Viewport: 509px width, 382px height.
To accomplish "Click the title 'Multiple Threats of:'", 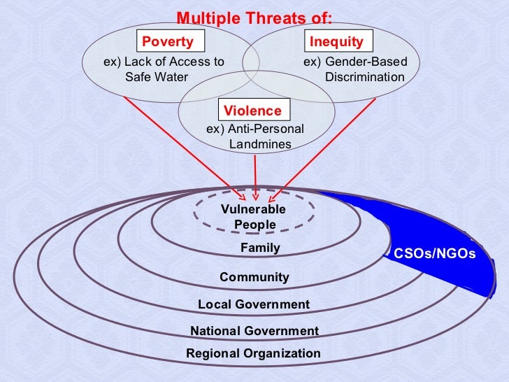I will [x=254, y=17].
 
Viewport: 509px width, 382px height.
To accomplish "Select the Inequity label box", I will [x=336, y=41].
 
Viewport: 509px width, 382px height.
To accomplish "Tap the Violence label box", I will [x=252, y=111].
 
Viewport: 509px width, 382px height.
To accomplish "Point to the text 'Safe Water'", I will [x=157, y=77].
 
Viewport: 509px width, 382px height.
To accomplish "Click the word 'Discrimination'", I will [x=364, y=77].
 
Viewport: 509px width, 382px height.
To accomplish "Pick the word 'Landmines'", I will [x=260, y=145].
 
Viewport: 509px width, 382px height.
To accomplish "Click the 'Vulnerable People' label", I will [x=254, y=217].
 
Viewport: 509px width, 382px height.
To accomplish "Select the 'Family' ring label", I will [x=260, y=248].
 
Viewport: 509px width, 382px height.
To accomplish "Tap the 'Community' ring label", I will [x=254, y=277].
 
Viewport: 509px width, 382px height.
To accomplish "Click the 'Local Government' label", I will [x=253, y=304].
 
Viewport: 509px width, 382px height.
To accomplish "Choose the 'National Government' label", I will [x=254, y=331].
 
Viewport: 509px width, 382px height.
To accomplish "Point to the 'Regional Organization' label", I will [x=253, y=353].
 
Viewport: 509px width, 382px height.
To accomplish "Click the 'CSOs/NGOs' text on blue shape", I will [x=434, y=254].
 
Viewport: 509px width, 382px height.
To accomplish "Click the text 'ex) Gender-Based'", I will [x=354, y=62].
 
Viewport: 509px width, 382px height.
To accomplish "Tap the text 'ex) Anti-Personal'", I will [x=254, y=129].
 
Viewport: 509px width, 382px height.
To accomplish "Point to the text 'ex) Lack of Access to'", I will [x=164, y=62].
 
